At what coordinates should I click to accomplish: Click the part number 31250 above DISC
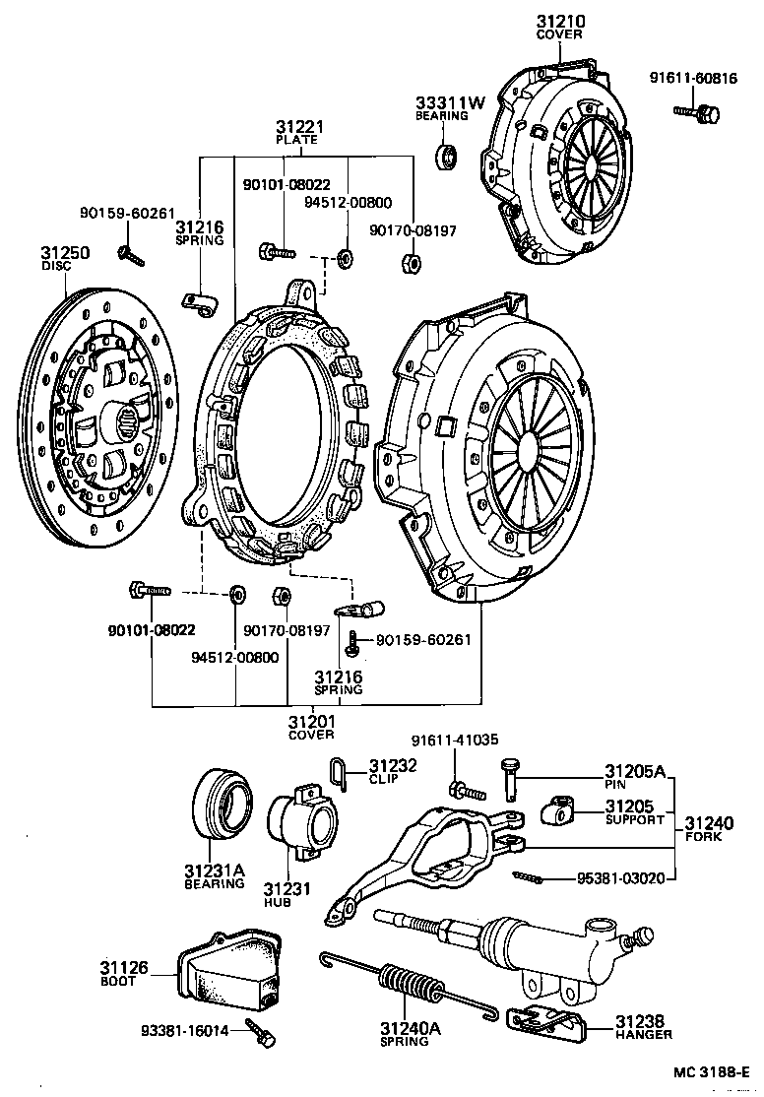[x=65, y=253]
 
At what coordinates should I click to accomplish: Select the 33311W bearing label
[x=450, y=102]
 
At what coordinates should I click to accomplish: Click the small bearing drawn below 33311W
[x=449, y=155]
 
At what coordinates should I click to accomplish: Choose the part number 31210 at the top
[x=559, y=21]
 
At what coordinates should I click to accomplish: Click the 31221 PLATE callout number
[x=299, y=127]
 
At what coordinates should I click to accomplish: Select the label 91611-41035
[x=454, y=742]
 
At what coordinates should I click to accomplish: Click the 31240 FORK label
[x=708, y=823]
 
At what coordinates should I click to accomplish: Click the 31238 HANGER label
[x=645, y=1020]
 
